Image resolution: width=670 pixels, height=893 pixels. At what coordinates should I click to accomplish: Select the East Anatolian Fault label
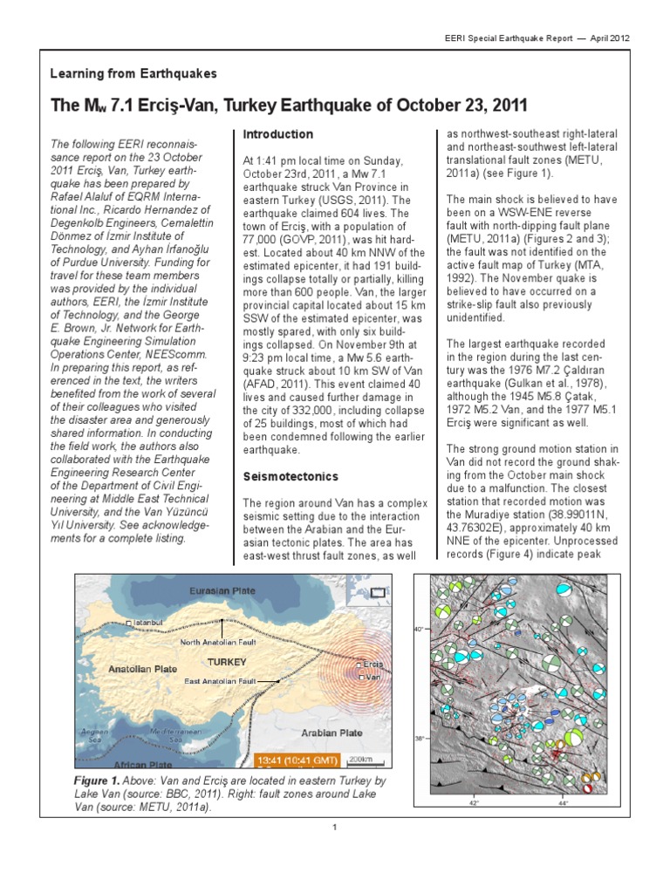pyautogui.click(x=221, y=680)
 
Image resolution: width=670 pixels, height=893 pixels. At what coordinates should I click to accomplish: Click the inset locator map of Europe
pyautogui.click(x=370, y=592)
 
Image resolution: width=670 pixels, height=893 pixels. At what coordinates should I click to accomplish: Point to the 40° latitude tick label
pyautogui.click(x=418, y=628)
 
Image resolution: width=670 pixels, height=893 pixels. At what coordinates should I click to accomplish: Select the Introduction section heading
pyautogui.click(x=277, y=134)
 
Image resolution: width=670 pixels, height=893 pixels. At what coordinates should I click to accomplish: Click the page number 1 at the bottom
pyautogui.click(x=335, y=828)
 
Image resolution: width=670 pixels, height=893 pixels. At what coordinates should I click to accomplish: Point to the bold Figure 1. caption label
pyautogui.click(x=99, y=781)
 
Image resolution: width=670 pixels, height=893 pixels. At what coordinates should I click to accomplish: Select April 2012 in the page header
pyautogui.click(x=607, y=38)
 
